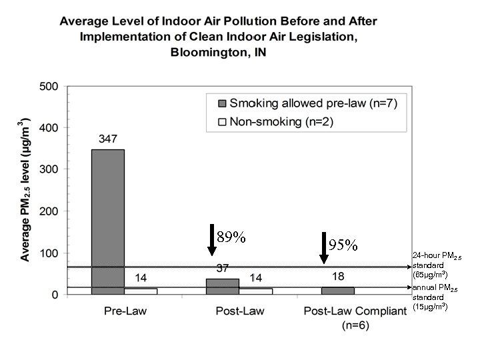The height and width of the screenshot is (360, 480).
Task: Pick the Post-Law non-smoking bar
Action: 257,291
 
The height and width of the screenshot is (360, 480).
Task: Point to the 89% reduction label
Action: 231,237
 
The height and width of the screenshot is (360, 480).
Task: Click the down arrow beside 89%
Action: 211,240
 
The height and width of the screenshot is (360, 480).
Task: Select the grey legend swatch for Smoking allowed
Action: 222,103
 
